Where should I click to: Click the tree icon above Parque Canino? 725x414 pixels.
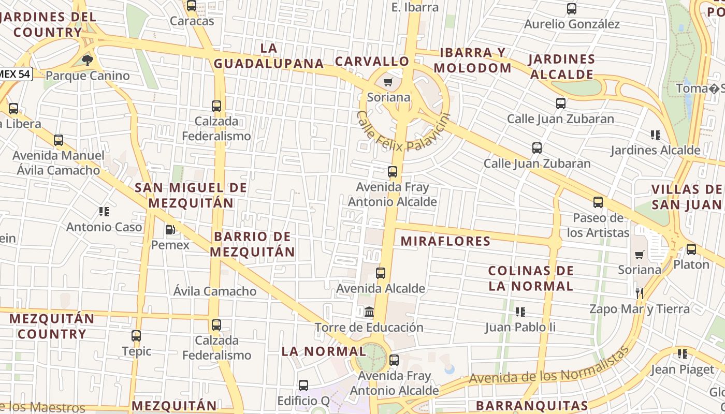pos(88,60)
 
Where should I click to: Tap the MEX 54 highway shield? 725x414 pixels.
pos(15,74)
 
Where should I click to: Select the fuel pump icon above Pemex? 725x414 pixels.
pos(170,229)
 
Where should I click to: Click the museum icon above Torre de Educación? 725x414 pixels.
pos(369,312)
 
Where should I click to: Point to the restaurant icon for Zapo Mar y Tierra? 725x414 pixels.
pos(640,293)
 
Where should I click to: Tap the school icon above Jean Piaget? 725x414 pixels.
pos(683,354)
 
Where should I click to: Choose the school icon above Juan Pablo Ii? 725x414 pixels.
pos(520,312)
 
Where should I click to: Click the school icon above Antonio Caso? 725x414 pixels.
pos(104,211)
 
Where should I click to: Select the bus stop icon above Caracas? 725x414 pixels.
pos(192,6)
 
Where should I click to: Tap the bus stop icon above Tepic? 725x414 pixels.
pos(136,336)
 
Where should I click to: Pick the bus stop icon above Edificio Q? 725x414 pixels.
pos(303,386)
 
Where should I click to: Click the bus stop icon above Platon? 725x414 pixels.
pos(691,249)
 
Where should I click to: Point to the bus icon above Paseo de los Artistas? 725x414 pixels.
pos(598,202)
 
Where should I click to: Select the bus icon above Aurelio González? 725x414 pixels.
pos(572,9)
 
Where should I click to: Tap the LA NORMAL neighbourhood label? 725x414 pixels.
pos(324,351)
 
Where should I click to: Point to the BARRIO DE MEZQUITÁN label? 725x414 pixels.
pos(254,244)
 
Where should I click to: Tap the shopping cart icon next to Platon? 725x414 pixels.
pos(640,255)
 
